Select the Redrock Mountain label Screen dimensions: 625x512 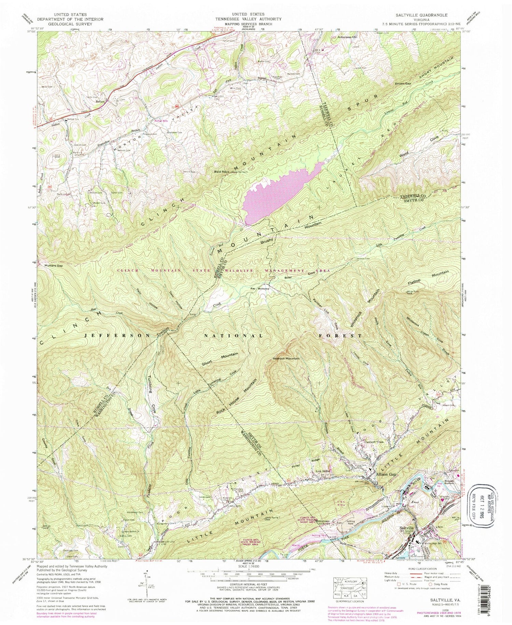click(x=286, y=359)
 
